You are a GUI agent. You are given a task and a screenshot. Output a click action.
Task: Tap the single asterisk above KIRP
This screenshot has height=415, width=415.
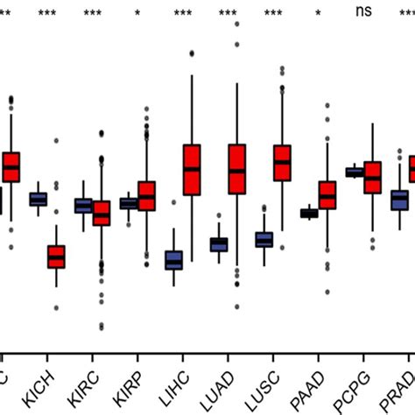tap(137, 14)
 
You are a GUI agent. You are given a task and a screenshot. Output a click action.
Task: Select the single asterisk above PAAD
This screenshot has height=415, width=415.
tap(318, 14)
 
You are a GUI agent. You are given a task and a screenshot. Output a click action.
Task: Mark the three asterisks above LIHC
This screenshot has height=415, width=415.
tap(183, 14)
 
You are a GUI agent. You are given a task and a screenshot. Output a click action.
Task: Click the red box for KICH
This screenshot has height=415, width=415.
tap(56, 257)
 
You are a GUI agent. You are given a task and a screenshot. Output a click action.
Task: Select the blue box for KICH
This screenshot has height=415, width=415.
tap(39, 199)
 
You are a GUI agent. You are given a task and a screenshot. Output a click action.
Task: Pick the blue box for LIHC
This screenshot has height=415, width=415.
tap(174, 260)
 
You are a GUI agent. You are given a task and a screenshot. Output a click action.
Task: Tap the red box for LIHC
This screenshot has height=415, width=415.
tap(192, 169)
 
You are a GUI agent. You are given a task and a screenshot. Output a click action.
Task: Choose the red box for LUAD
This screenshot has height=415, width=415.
tap(237, 169)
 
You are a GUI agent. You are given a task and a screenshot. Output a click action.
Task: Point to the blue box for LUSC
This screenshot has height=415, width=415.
tap(264, 239)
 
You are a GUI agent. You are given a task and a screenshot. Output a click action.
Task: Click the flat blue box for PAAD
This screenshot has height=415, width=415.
tap(309, 213)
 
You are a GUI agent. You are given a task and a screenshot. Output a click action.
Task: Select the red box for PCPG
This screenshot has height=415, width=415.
tap(373, 177)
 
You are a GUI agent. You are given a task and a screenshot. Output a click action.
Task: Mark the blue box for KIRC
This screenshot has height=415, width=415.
tap(84, 206)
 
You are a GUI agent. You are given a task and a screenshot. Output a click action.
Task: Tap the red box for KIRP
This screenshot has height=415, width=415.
tap(146, 195)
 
